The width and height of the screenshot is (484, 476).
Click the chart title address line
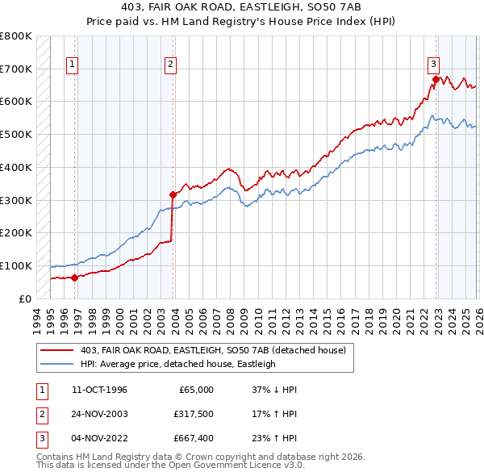coord(241,8)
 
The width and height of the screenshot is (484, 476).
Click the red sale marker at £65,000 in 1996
coord(74,278)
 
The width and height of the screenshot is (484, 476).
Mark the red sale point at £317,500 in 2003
coord(173,194)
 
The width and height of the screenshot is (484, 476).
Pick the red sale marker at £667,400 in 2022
coord(436,79)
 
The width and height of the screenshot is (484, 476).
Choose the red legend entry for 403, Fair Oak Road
coord(213,349)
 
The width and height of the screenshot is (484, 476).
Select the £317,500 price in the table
coord(193,414)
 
